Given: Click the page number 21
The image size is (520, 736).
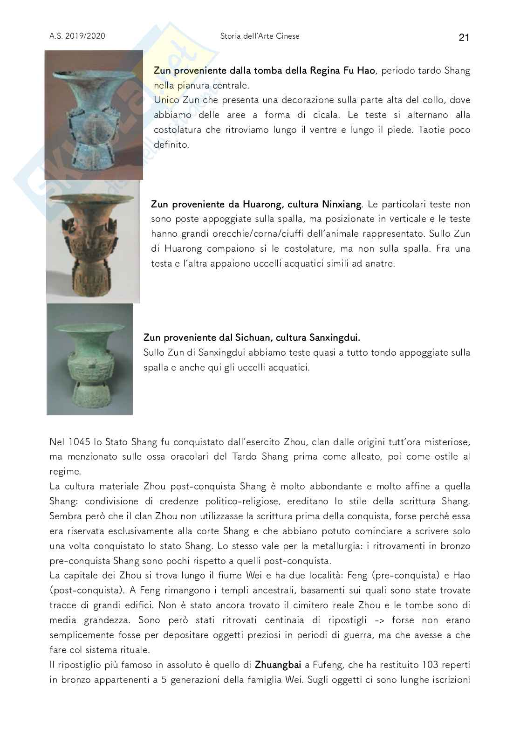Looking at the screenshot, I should tap(464, 38).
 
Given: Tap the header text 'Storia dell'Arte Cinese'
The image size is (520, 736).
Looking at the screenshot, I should tap(260, 36).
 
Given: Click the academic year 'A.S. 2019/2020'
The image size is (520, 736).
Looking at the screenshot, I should tap(77, 36).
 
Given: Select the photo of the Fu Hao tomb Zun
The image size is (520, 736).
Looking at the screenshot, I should tap(94, 115).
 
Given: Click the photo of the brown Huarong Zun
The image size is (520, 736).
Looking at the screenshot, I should tap(93, 241).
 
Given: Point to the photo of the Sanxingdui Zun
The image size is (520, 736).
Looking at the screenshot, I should tap(89, 359).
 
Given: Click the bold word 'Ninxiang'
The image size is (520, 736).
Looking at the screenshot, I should tap(342, 204).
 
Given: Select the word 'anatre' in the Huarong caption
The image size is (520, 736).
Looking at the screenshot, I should tap(380, 263).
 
